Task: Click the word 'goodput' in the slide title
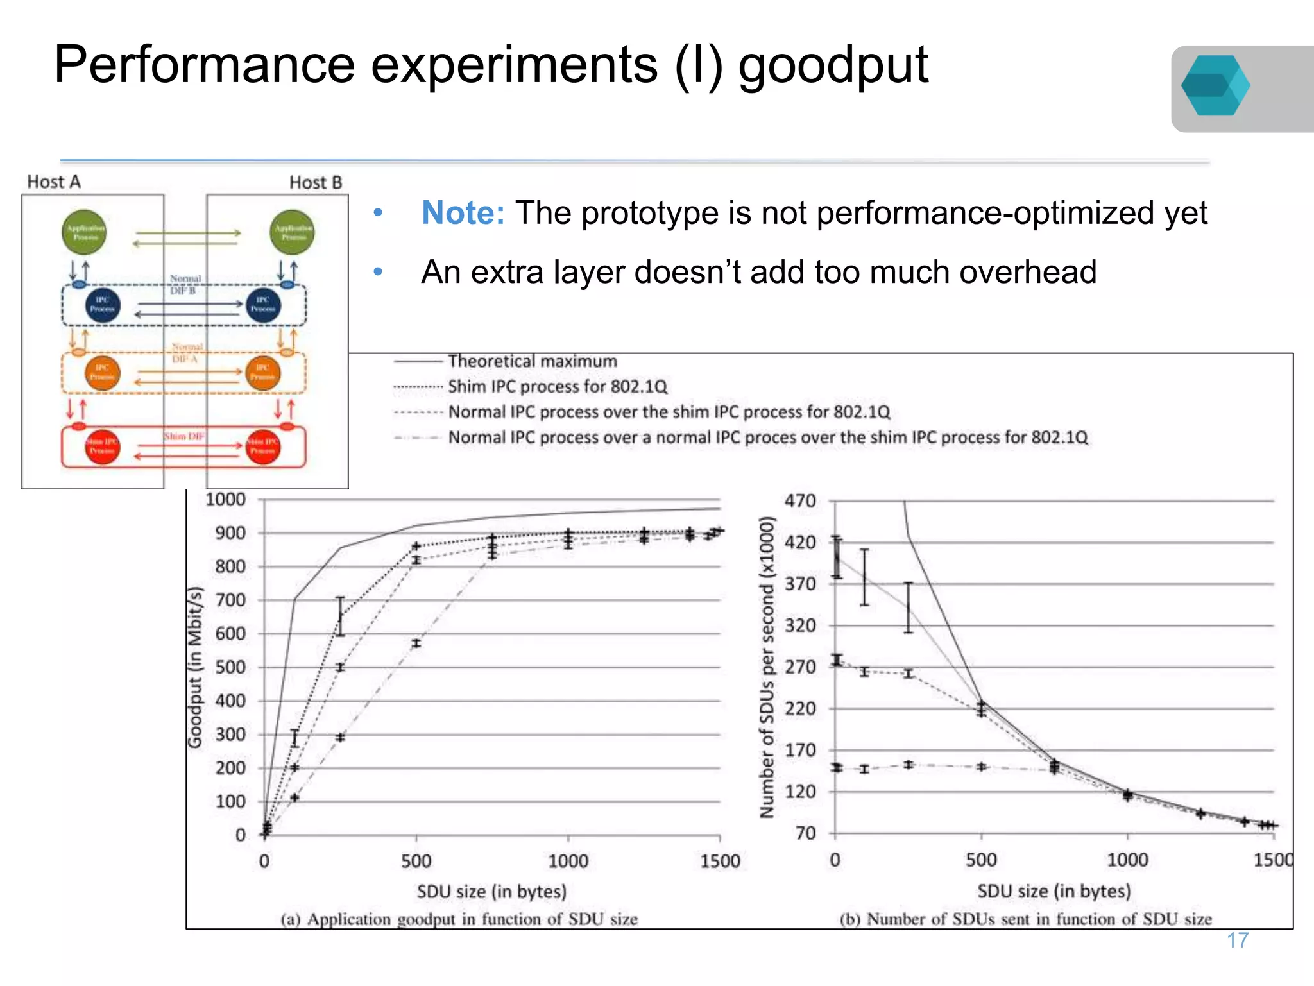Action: tap(833, 65)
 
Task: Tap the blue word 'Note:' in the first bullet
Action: tap(463, 213)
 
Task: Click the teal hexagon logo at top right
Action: tap(1215, 86)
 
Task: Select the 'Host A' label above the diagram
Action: tap(54, 182)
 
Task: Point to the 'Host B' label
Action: tap(315, 183)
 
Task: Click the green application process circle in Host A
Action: tap(84, 232)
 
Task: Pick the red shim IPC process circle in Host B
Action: tap(263, 446)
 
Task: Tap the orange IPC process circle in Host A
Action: tap(102, 372)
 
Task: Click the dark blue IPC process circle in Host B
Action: tap(263, 304)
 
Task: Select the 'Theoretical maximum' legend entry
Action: tap(532, 361)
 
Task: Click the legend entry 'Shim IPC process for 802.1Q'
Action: tap(557, 386)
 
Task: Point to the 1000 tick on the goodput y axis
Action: tap(225, 499)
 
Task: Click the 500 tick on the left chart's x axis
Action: tap(416, 861)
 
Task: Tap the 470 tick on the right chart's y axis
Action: tap(799, 501)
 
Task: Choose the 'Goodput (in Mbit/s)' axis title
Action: tap(195, 667)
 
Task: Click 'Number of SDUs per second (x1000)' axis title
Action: tap(766, 667)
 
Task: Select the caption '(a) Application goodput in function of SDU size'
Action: tap(459, 919)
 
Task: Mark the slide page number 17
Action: tap(1237, 940)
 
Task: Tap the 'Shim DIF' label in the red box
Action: tap(184, 436)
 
